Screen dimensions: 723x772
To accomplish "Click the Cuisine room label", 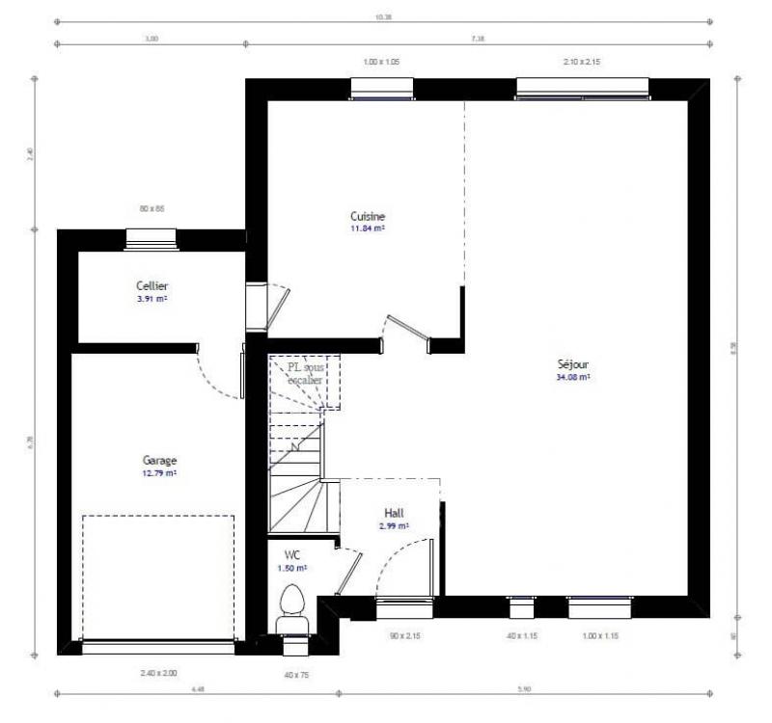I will click(x=368, y=217).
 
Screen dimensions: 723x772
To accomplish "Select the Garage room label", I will click(x=159, y=461).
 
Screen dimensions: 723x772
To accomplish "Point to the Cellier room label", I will click(x=152, y=286).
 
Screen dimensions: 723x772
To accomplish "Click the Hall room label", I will click(x=394, y=513).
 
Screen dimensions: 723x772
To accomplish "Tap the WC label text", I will click(x=291, y=555).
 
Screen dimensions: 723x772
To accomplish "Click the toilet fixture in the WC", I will click(x=291, y=607).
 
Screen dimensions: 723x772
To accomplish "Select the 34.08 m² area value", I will click(x=572, y=378).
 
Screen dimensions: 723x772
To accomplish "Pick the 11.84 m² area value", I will click(x=368, y=229).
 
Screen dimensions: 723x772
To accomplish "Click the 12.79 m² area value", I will click(x=159, y=473).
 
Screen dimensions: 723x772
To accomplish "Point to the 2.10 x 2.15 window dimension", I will click(x=581, y=62).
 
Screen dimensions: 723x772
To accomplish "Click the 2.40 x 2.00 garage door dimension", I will click(x=158, y=673).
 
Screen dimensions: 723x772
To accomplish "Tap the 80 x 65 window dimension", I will click(x=152, y=208).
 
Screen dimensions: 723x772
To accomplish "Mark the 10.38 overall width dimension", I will click(x=383, y=17).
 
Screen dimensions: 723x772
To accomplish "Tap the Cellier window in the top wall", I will click(x=152, y=237).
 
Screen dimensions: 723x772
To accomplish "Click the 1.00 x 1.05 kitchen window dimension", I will click(x=381, y=62).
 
